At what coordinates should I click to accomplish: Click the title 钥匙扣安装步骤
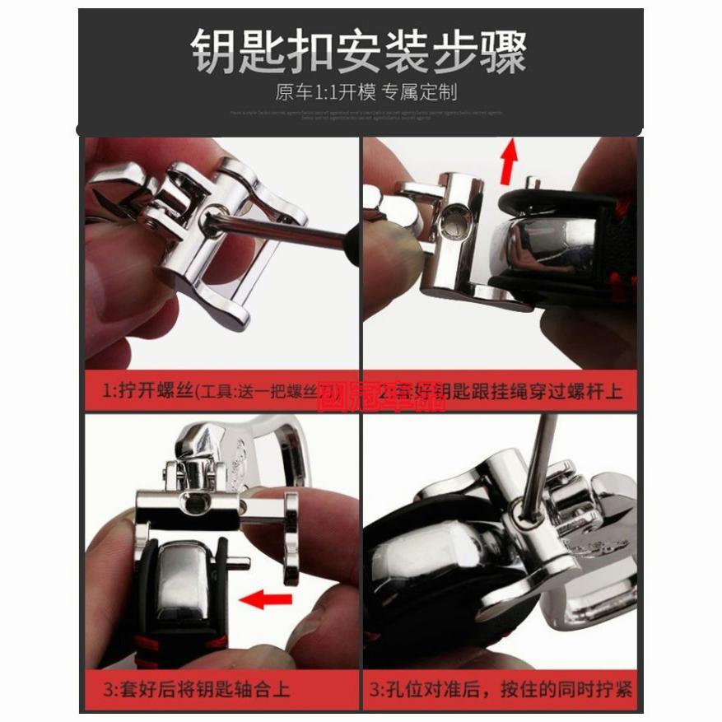pyautogui.click(x=359, y=51)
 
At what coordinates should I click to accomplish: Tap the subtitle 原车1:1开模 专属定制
pyautogui.click(x=366, y=91)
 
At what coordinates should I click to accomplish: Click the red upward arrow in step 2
pyautogui.click(x=511, y=160)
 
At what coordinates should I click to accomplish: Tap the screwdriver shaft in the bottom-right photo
pyautogui.click(x=531, y=461)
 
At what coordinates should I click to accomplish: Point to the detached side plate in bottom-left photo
pyautogui.click(x=292, y=531)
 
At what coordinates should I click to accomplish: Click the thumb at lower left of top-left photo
pyautogui.click(x=123, y=321)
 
